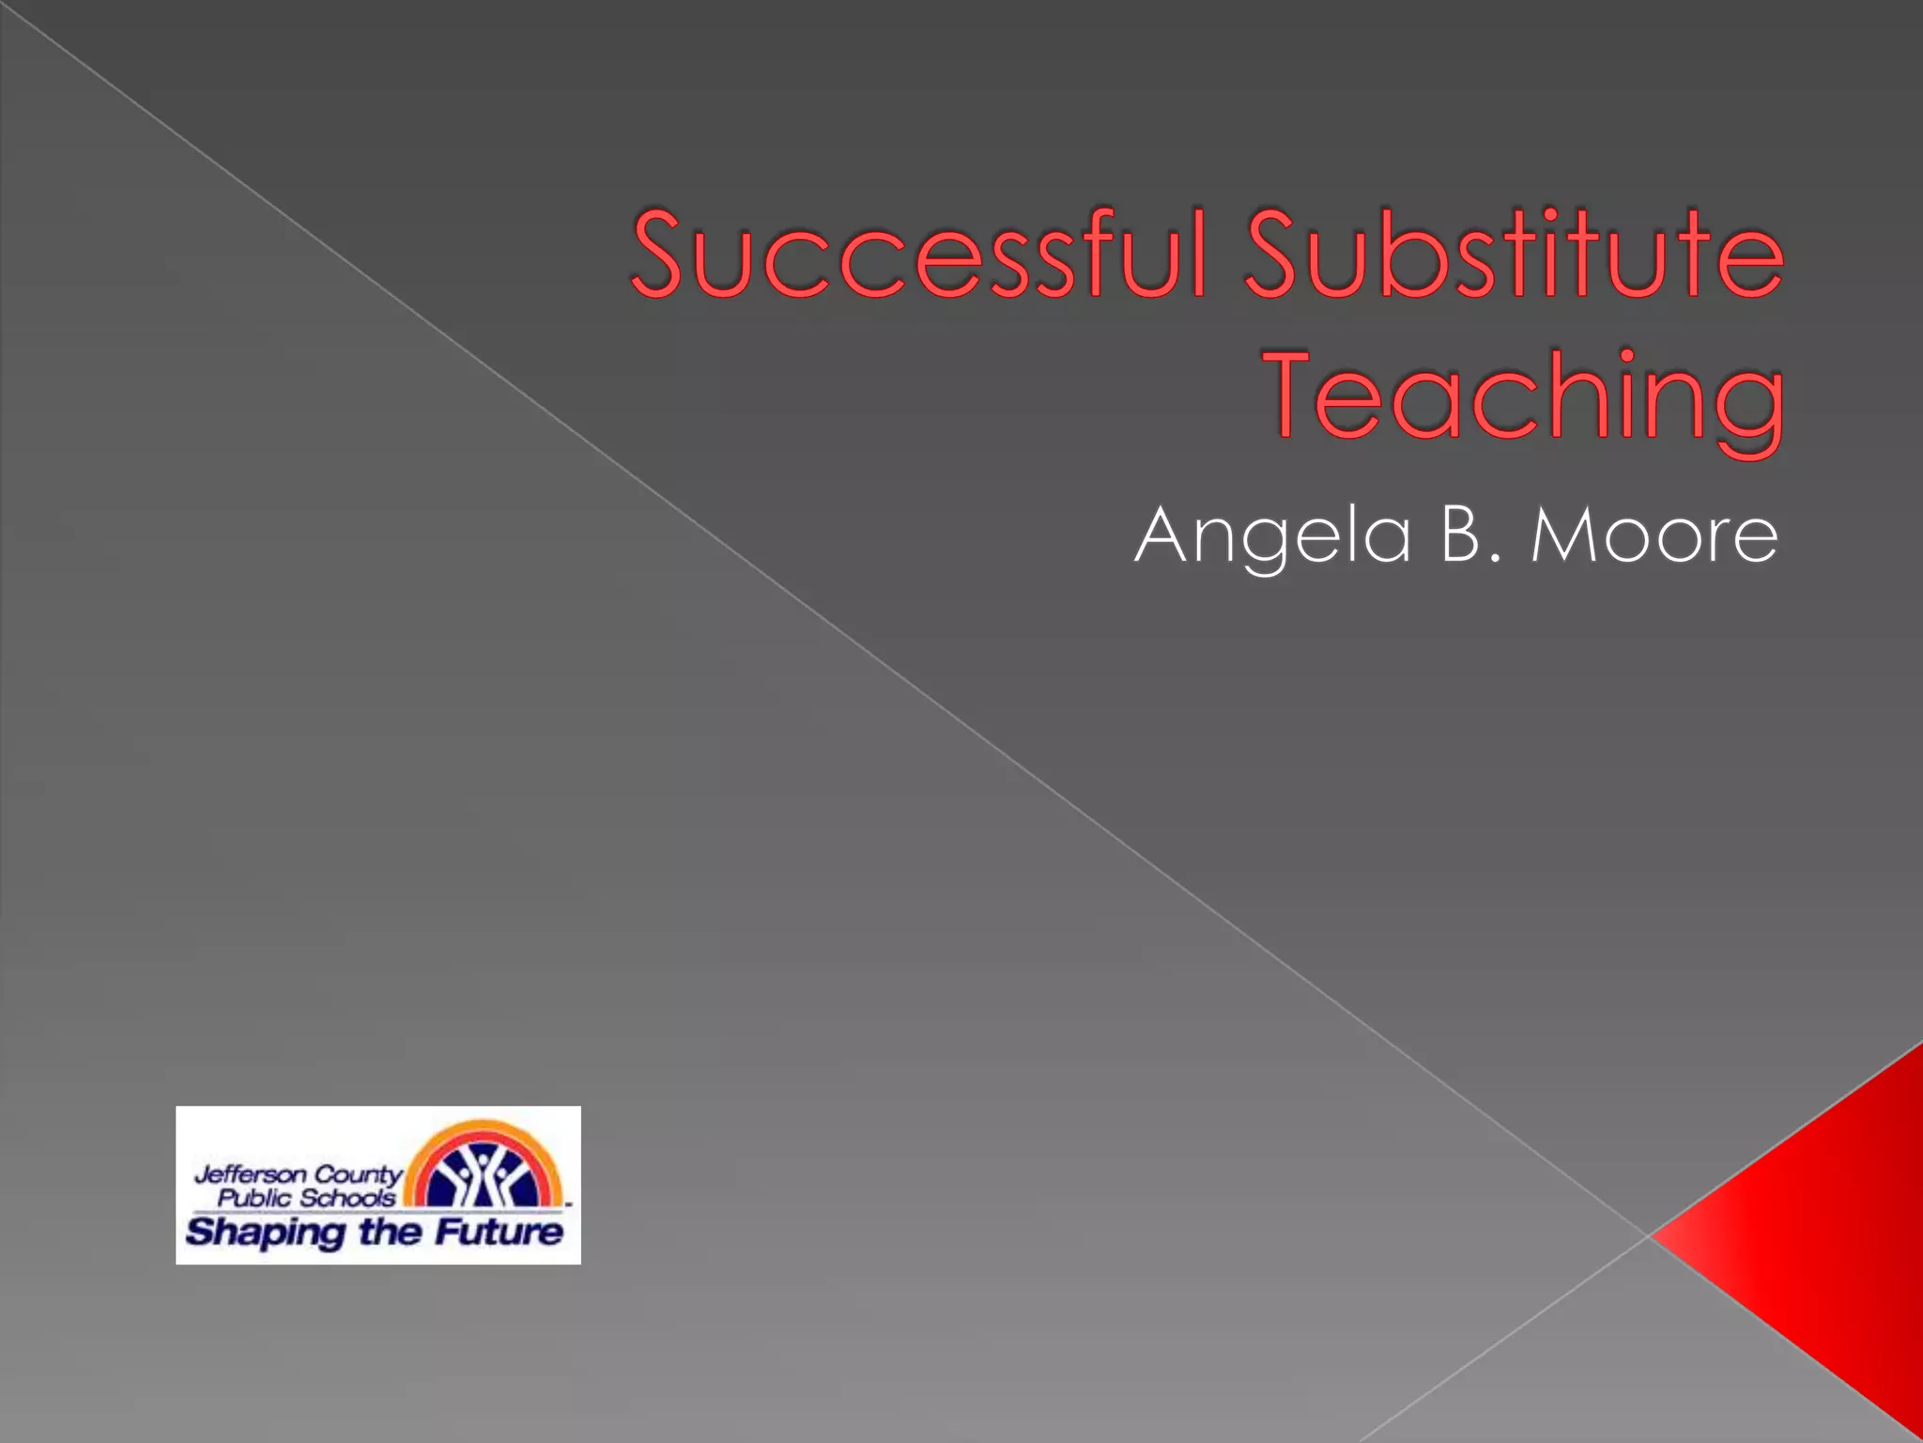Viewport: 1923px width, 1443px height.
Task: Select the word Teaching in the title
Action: click(1525, 395)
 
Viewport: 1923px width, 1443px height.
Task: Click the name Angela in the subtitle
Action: click(1271, 535)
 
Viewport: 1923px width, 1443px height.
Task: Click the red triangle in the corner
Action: click(1822, 1231)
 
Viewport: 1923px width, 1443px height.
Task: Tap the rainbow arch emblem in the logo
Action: click(484, 1165)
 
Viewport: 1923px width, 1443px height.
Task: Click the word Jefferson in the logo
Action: click(250, 1174)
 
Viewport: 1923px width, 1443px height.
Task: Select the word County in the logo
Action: click(358, 1174)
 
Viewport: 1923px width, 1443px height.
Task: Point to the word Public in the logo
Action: click(254, 1198)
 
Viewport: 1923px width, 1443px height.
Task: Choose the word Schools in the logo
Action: click(346, 1198)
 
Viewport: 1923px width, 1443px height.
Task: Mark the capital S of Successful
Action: click(668, 254)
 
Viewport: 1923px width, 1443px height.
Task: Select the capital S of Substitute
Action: click(1281, 254)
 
